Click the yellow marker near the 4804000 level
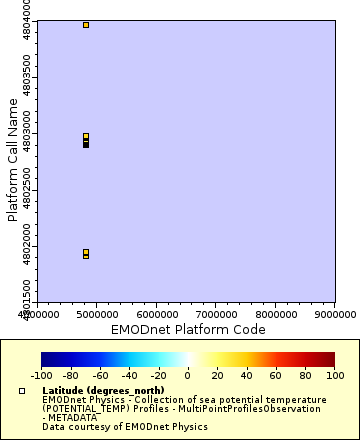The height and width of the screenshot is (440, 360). coord(86,25)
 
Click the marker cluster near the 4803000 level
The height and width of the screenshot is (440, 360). coord(86,140)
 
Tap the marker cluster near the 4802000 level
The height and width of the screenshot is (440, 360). coord(86,254)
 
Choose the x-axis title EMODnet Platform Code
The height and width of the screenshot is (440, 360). coord(188,328)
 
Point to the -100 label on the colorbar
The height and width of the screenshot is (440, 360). coord(41,375)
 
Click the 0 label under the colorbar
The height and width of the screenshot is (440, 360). coord(188,375)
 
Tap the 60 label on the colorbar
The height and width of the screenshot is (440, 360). coord(276,375)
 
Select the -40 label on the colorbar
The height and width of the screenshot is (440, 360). coord(129,375)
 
